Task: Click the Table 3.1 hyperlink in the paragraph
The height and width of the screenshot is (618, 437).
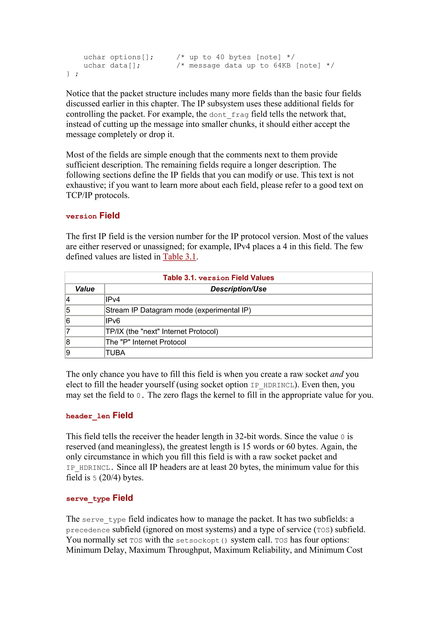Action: coord(179,257)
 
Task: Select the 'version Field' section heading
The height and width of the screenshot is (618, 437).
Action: coord(93,216)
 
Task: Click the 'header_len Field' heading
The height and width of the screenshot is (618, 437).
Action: coord(99,416)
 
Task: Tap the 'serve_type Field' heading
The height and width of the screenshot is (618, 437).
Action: coord(99,498)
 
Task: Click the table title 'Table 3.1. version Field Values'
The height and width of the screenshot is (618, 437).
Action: coord(218,278)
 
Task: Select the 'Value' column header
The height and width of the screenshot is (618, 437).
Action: coord(85,289)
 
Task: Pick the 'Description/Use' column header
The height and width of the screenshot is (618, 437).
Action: coord(238,289)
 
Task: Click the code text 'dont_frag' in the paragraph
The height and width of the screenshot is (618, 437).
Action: coord(229,115)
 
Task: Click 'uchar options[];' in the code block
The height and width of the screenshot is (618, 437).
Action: coord(118,57)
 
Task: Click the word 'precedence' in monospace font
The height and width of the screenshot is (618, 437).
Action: coord(88,530)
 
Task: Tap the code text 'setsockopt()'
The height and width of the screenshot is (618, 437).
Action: coord(202,540)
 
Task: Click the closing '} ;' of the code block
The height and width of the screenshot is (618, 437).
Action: coord(72,74)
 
